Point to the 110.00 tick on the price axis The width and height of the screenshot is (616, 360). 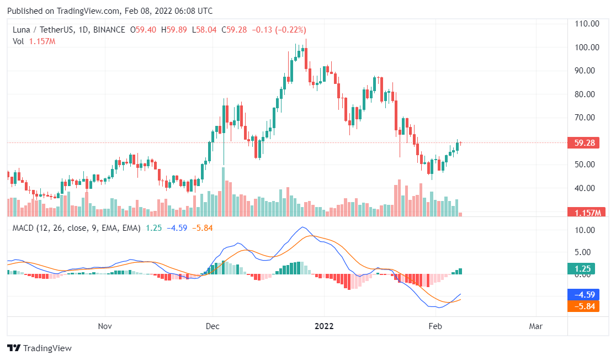587,24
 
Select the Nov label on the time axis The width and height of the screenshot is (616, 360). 105,326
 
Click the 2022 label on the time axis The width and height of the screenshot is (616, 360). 324,326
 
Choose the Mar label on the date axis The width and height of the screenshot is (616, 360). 535,326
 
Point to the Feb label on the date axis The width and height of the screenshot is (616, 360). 435,326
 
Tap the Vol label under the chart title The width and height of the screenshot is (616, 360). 19,41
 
